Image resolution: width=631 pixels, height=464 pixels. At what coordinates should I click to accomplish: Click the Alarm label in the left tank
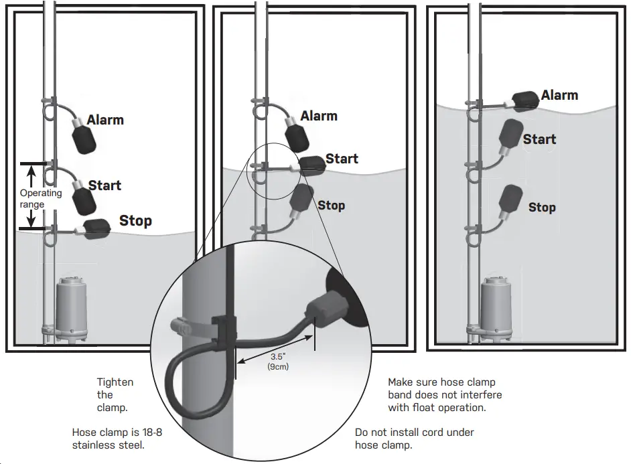click(x=106, y=120)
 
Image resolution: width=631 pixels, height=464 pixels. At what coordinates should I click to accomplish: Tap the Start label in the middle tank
click(x=342, y=159)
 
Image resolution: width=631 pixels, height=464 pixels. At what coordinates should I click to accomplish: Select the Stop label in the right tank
click(x=542, y=208)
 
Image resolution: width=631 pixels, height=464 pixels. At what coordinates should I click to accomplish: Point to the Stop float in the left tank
click(x=98, y=228)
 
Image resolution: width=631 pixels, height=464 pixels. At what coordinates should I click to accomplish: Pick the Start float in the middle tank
click(x=311, y=165)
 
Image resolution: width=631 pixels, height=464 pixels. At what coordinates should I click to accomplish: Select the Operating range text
click(x=40, y=198)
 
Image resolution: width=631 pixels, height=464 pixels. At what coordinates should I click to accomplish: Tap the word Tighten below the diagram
click(x=115, y=382)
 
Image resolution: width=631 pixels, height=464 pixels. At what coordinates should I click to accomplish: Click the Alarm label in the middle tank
click(x=319, y=116)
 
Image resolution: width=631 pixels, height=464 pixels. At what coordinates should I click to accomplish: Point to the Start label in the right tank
click(x=539, y=139)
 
